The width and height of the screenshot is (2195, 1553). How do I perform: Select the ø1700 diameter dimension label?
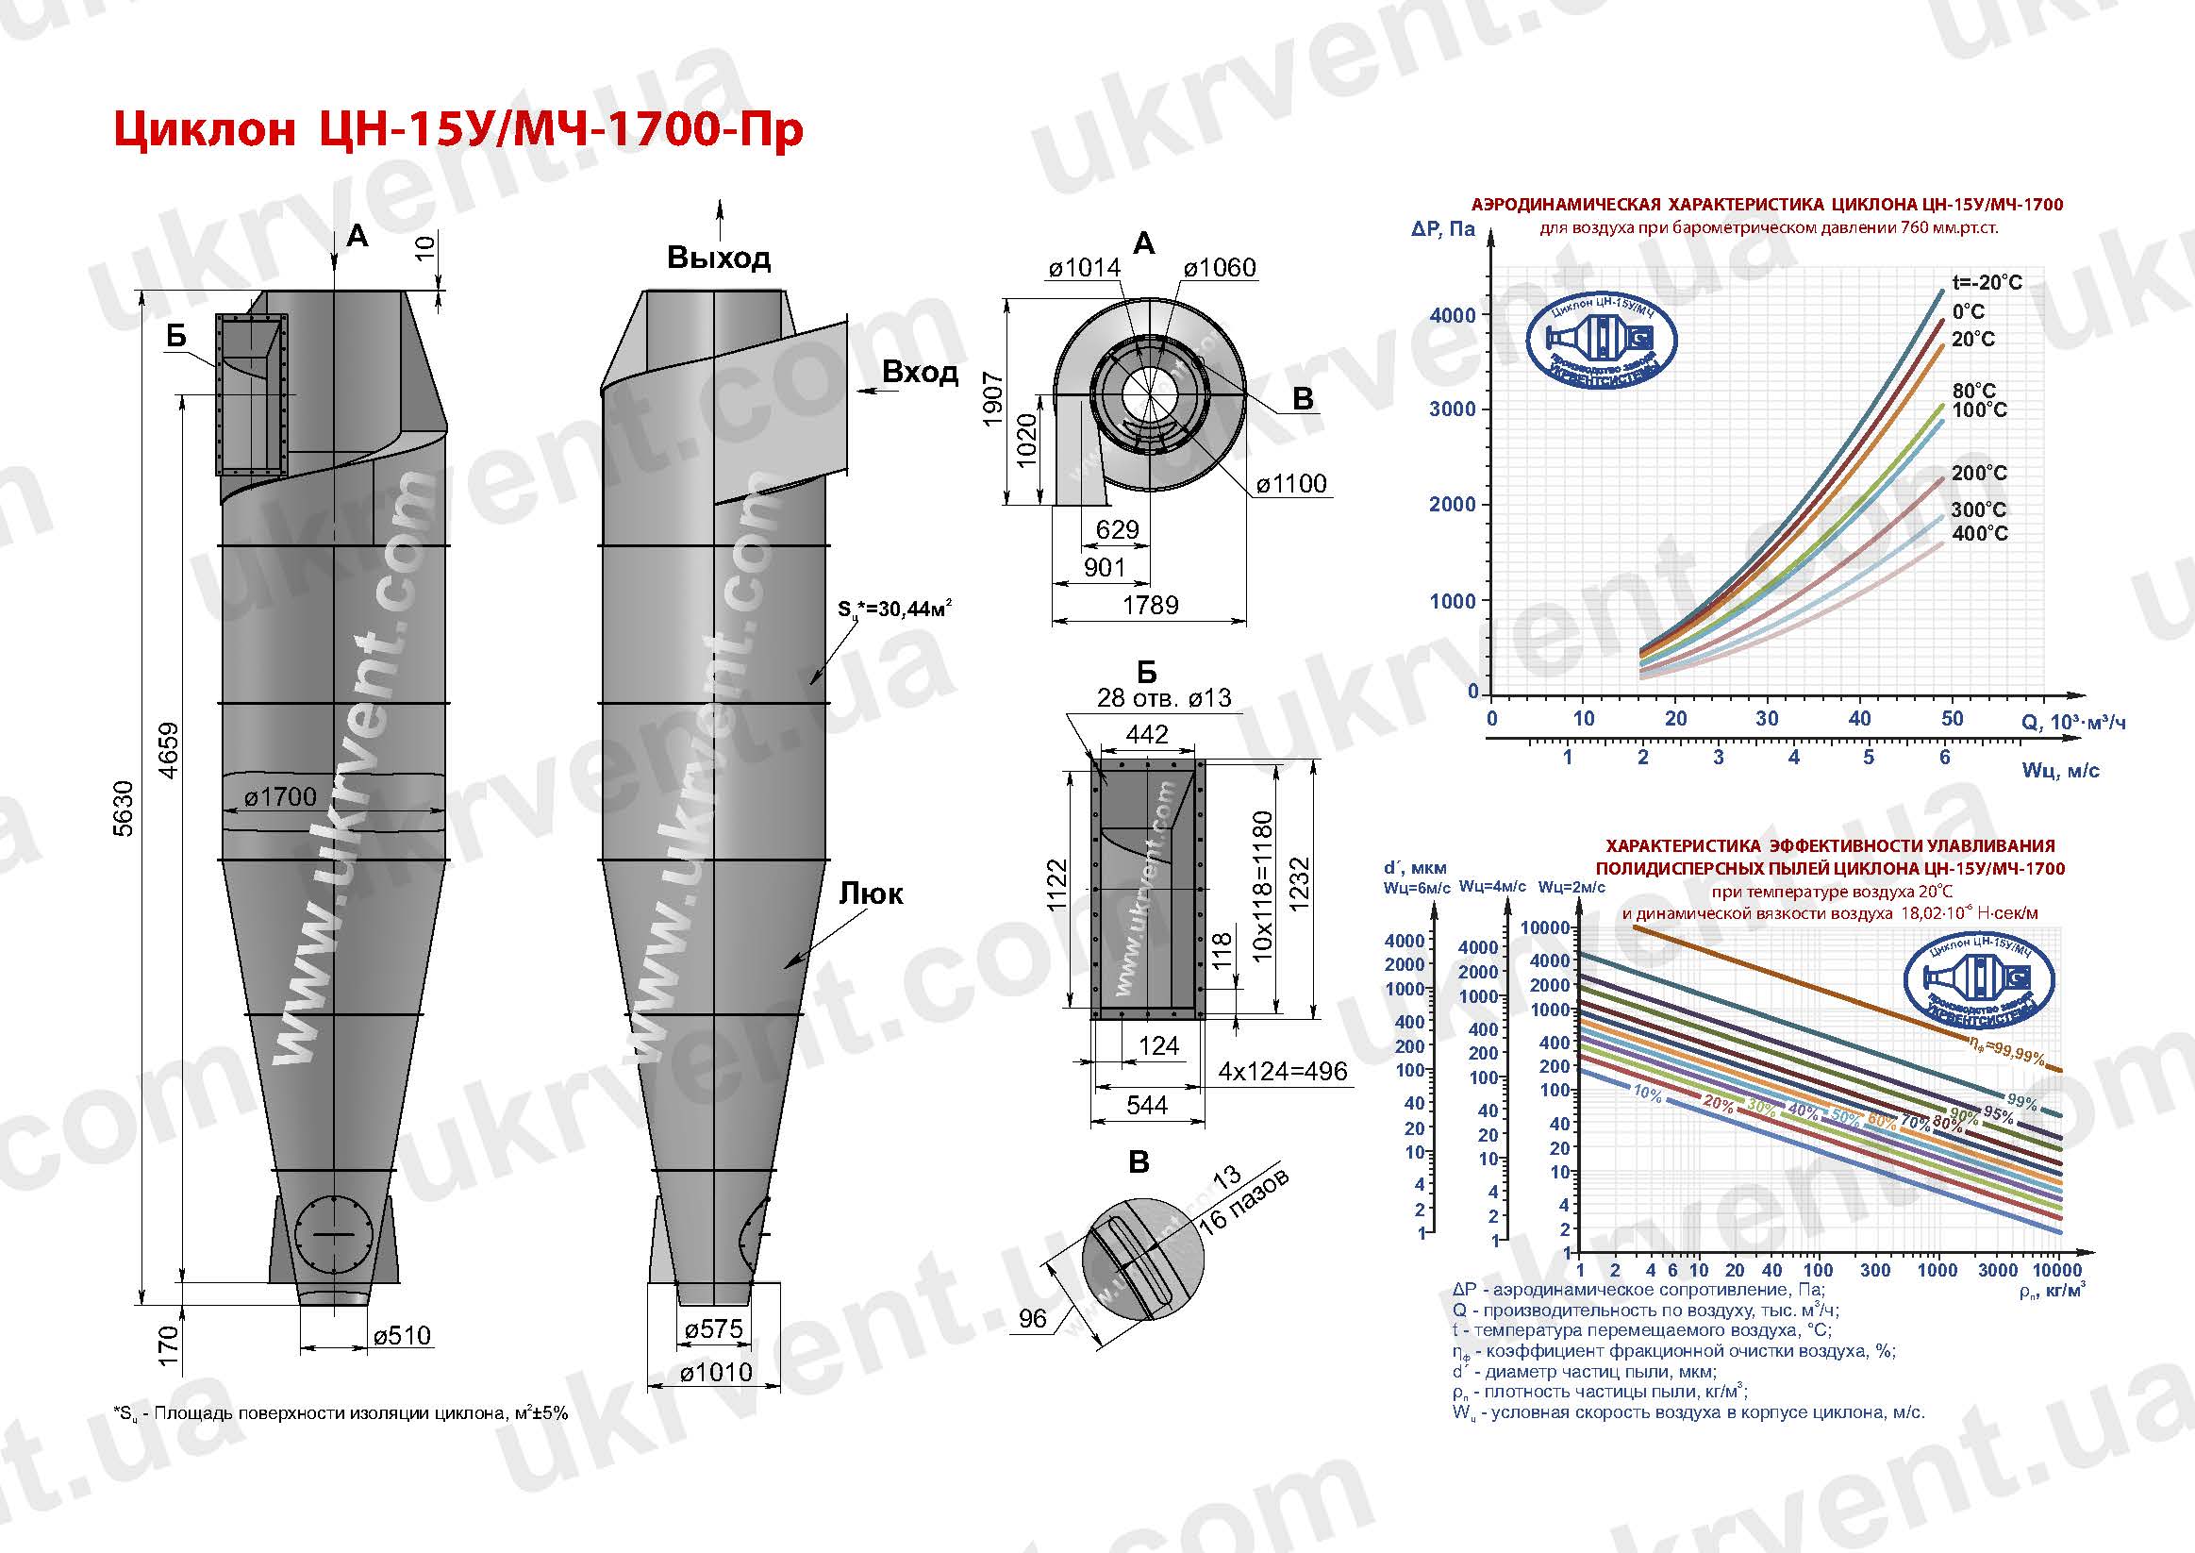point(279,797)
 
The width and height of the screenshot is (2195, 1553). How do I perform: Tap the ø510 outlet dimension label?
point(402,1335)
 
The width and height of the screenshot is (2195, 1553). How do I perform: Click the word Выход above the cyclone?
point(718,259)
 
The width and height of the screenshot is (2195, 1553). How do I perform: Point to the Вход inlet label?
point(920,372)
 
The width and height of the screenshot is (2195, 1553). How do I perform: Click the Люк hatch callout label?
point(871,894)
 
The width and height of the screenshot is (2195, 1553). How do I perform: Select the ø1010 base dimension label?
point(716,1373)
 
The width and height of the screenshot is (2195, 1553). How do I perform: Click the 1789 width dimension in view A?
point(1150,606)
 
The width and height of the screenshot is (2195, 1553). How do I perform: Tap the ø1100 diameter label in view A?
point(1290,484)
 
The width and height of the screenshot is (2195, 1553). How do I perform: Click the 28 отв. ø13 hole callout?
point(1163,698)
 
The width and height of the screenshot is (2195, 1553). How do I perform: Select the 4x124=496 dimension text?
point(1282,1071)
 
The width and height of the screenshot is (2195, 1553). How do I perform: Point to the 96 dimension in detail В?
point(1033,1319)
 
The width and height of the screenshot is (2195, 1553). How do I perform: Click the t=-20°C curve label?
point(1987,283)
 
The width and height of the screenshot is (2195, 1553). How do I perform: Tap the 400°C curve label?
point(1979,534)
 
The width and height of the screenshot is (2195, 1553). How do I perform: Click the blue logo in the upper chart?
point(1601,342)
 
